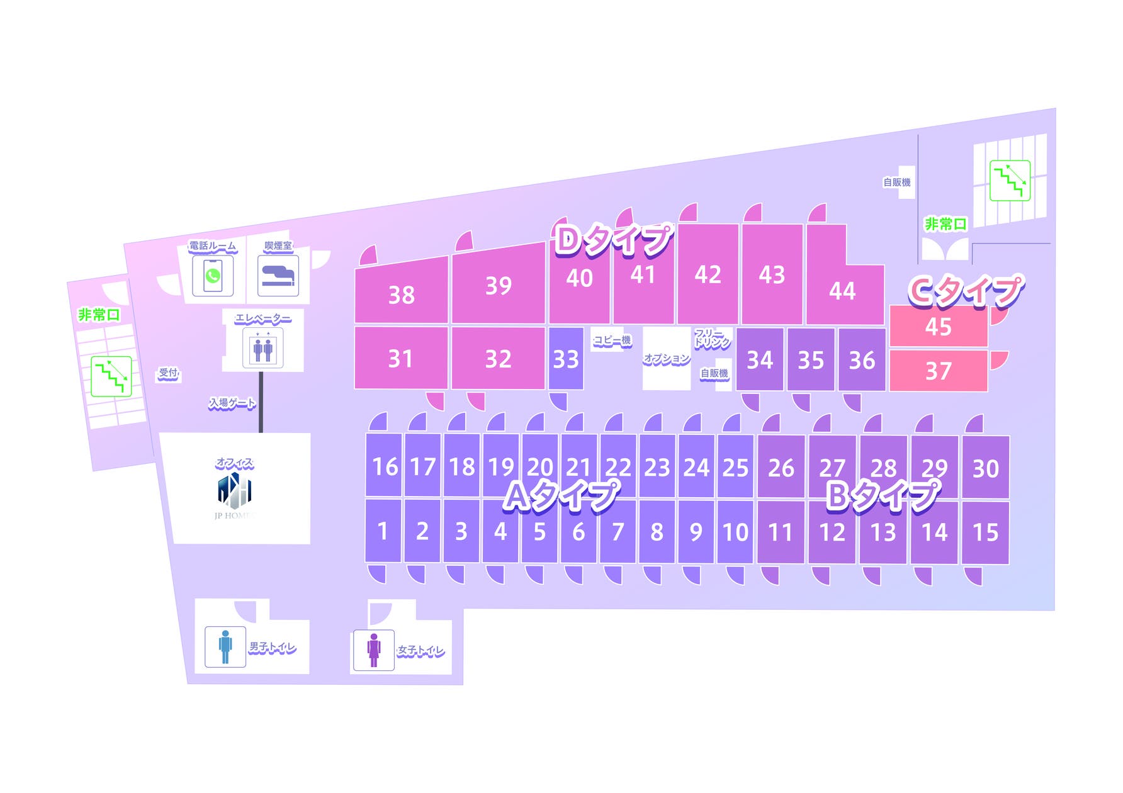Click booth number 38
(x=401, y=294)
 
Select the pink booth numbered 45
(x=938, y=327)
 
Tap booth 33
(x=565, y=359)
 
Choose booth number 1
(x=383, y=531)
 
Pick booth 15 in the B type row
(x=985, y=532)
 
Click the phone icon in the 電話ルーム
(x=213, y=276)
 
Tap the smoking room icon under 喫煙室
(x=278, y=276)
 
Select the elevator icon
(x=262, y=348)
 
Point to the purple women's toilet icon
(x=374, y=650)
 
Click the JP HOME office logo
(x=234, y=492)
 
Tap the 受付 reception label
(x=168, y=373)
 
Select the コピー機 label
(x=612, y=340)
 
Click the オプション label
(x=667, y=359)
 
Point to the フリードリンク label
(x=712, y=338)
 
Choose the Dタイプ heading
(x=614, y=240)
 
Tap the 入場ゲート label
(x=232, y=403)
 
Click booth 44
(x=842, y=290)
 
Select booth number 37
(x=938, y=371)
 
